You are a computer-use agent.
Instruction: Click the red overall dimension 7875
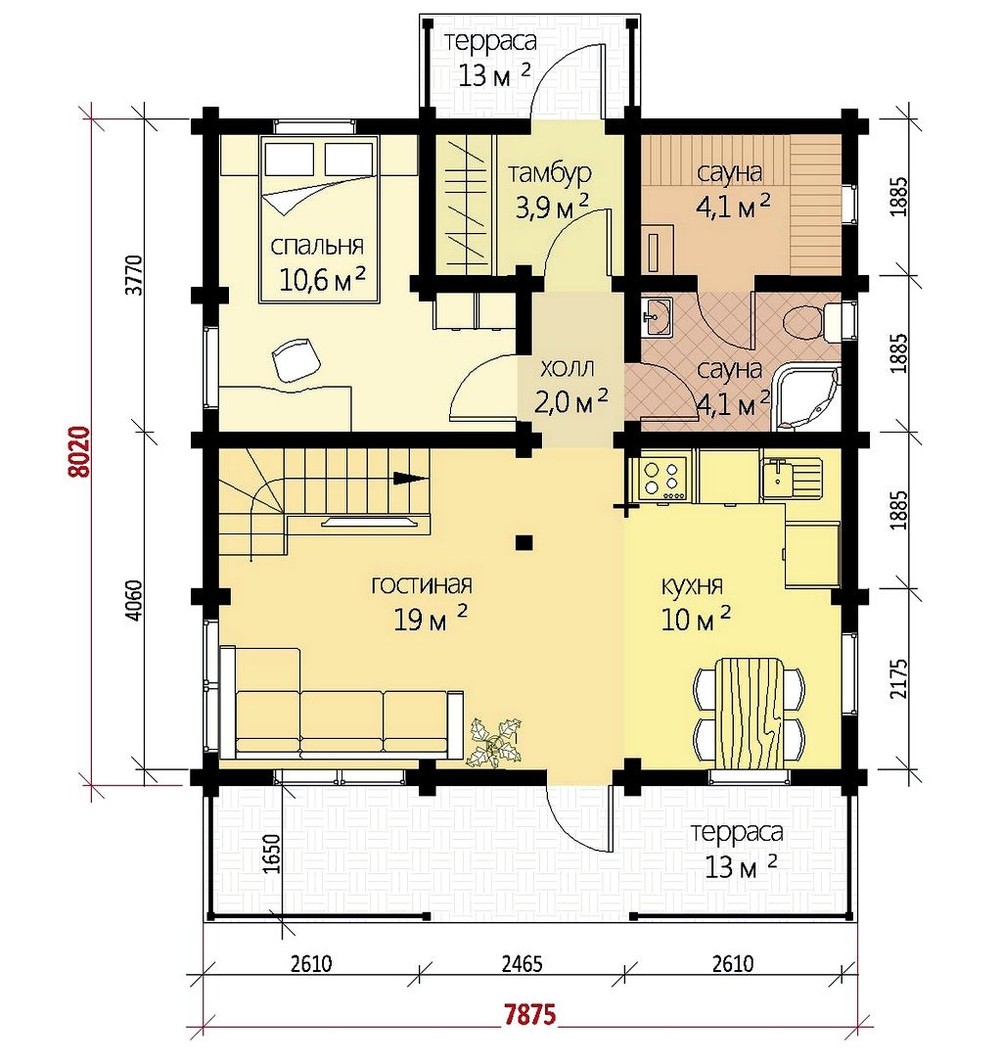(530, 1015)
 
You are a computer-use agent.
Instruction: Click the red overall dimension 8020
(80, 452)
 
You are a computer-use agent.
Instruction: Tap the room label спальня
(317, 245)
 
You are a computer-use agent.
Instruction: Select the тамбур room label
(550, 172)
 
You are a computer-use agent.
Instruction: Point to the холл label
(568, 368)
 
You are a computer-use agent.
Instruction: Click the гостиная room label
(422, 583)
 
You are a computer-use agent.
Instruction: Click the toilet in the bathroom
(815, 323)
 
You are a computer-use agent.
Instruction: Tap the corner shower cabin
(807, 397)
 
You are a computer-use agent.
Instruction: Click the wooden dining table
(750, 713)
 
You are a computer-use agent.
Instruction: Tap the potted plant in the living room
(493, 742)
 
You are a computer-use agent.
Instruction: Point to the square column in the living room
(524, 542)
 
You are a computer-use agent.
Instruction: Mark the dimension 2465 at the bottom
(522, 962)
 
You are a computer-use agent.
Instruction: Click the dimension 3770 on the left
(134, 274)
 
